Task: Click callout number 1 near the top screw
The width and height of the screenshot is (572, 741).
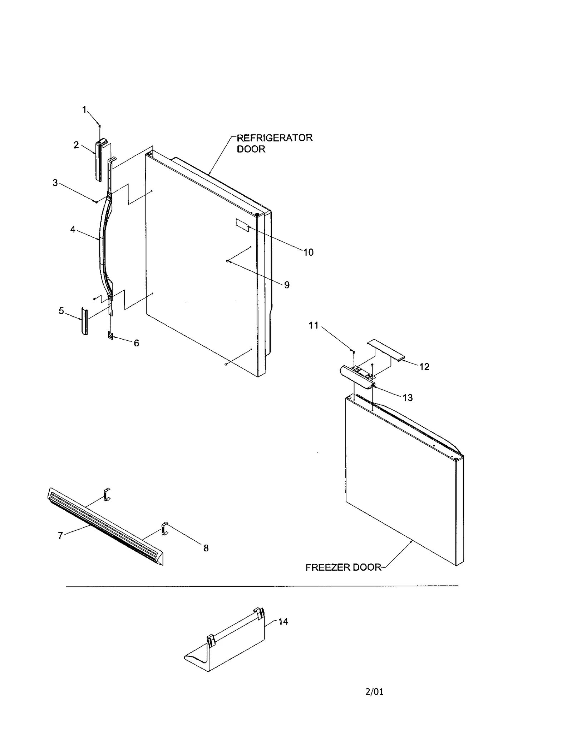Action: click(x=84, y=110)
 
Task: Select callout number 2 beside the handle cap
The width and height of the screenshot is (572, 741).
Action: click(x=76, y=145)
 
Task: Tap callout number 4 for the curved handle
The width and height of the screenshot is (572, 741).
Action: click(x=73, y=229)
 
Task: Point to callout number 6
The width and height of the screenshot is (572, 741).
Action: click(x=137, y=343)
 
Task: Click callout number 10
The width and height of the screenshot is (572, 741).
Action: click(x=308, y=252)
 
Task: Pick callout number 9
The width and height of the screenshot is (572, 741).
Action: click(x=287, y=285)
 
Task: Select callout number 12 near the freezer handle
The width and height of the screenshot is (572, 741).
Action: click(x=424, y=367)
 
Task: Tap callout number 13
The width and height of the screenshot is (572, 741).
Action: click(x=407, y=397)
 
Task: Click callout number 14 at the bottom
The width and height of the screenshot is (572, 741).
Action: click(x=283, y=621)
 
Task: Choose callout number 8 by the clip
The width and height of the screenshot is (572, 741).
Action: click(x=206, y=548)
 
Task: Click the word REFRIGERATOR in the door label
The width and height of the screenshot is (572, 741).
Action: click(x=275, y=138)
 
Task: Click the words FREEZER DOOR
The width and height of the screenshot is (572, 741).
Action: click(x=343, y=567)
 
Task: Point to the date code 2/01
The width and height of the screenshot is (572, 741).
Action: click(x=374, y=692)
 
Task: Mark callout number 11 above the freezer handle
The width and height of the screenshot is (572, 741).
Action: click(x=313, y=325)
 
